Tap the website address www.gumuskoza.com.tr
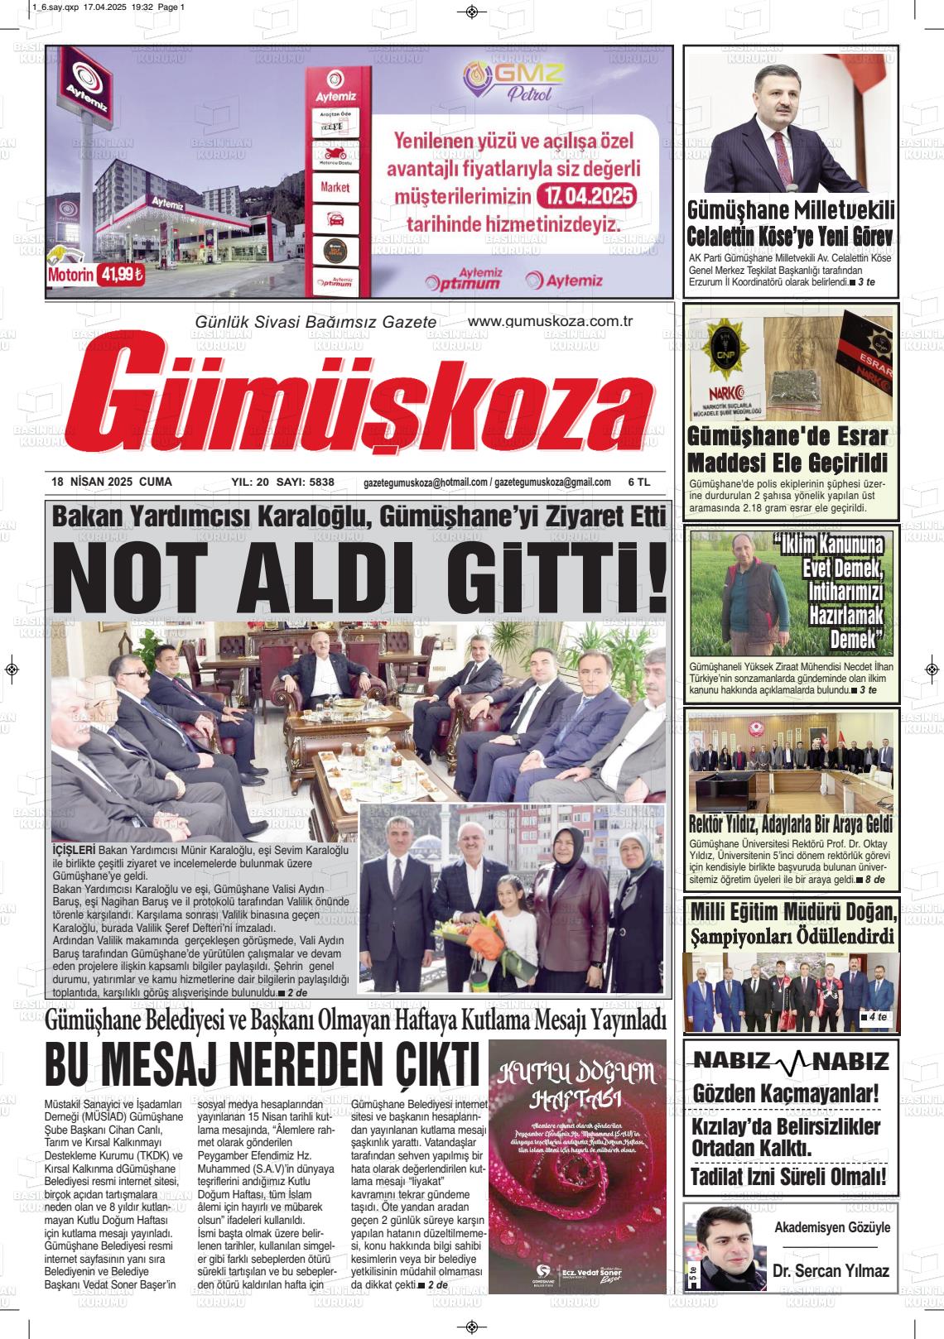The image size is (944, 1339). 550,321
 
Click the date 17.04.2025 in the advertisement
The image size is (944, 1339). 585,198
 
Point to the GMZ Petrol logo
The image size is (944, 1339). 513,81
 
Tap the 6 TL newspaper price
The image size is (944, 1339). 639,482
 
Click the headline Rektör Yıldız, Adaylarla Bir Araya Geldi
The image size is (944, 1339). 790,824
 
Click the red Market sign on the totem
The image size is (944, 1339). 335,187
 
